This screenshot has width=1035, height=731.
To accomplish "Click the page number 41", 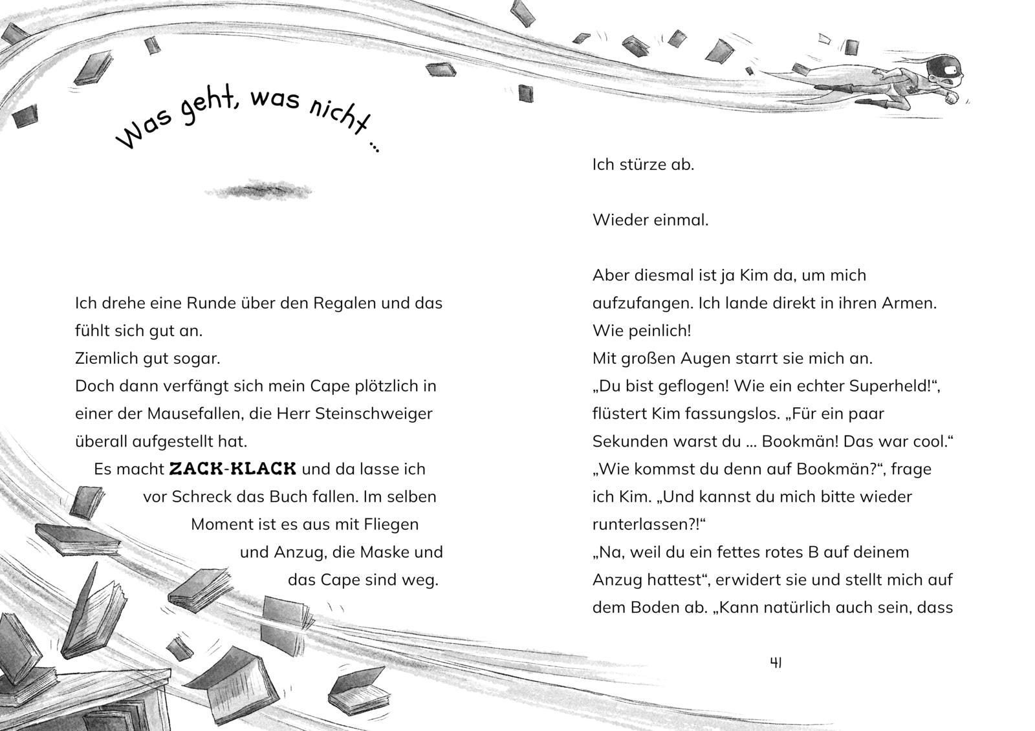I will (776, 662).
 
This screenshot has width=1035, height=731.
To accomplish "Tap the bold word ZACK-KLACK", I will (232, 469).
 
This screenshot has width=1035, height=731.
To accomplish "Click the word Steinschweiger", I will (373, 414).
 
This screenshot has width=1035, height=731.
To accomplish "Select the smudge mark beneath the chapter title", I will (257, 191).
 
